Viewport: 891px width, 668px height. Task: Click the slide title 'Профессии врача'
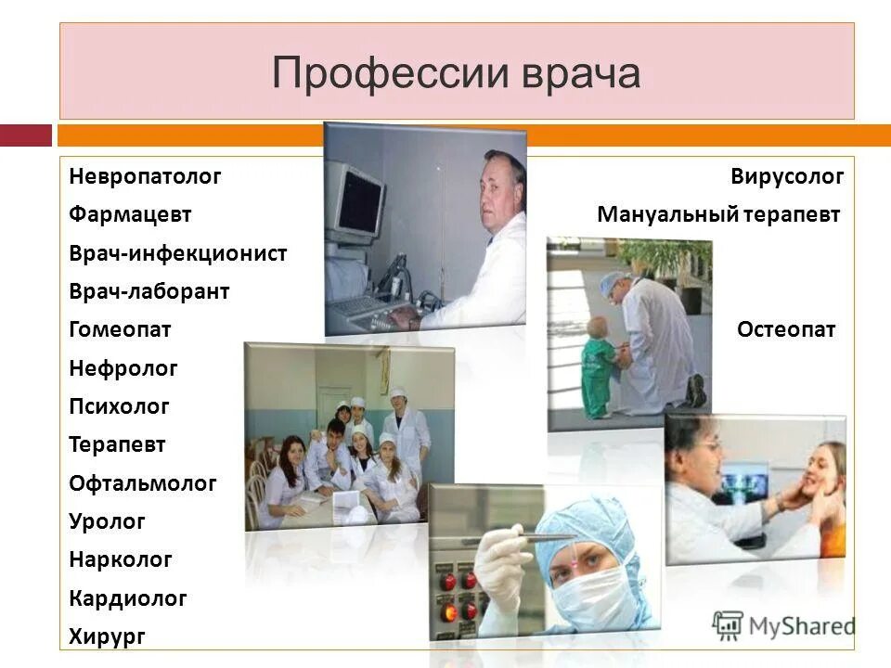point(456,73)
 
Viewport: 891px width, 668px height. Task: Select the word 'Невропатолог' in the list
point(145,176)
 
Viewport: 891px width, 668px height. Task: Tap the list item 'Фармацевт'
point(130,214)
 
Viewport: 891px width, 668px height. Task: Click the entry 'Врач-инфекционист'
point(177,253)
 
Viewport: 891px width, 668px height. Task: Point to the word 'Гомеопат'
point(120,329)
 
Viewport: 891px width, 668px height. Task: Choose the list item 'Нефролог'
point(123,368)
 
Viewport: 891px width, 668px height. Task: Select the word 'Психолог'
point(119,406)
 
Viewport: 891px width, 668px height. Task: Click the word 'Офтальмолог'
point(142,483)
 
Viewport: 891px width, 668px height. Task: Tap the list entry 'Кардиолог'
point(127,598)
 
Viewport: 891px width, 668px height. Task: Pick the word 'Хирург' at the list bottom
point(107,636)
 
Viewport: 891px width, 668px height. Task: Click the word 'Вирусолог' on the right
point(786,176)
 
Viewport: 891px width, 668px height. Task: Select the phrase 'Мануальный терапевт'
point(718,215)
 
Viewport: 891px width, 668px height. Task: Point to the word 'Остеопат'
point(786,329)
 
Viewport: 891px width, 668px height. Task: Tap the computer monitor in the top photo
point(358,199)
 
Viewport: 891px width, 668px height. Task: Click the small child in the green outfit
point(598,365)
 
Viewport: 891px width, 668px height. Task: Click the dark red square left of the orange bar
point(26,136)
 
